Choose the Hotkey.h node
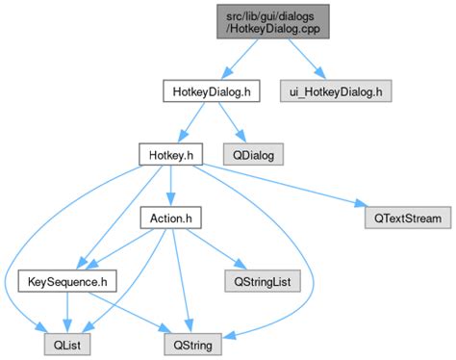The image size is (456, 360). click(168, 153)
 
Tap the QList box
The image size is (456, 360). click(65, 342)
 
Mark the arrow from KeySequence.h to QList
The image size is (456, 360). click(65, 311)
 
